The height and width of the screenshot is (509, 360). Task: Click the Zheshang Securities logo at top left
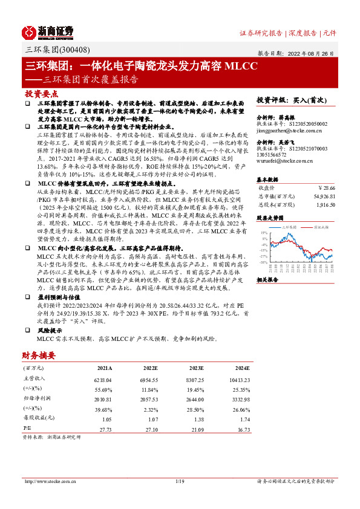(48, 31)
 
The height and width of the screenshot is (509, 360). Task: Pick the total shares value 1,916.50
(324, 206)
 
